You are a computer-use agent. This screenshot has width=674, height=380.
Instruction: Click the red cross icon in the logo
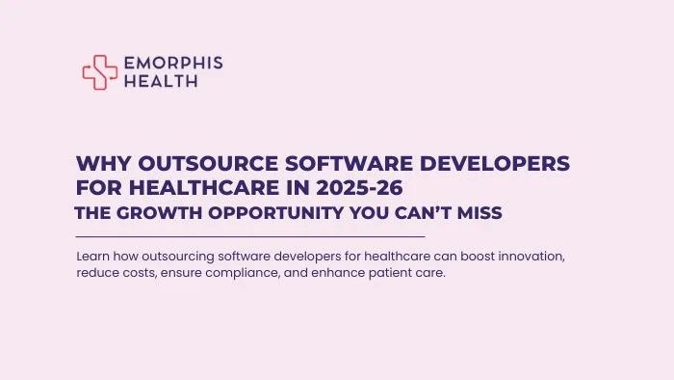tap(100, 71)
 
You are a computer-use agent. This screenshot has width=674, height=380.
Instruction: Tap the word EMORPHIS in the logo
tap(172, 63)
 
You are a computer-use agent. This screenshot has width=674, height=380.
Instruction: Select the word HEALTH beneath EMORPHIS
tap(161, 81)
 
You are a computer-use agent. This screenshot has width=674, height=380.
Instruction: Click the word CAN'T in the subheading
tap(417, 213)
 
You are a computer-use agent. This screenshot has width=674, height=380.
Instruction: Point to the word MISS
tap(479, 213)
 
